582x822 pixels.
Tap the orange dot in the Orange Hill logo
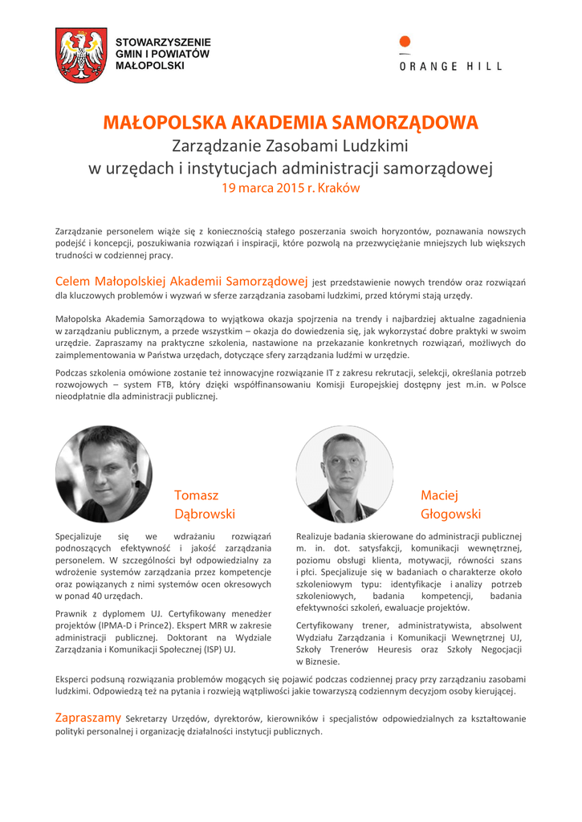tap(405, 42)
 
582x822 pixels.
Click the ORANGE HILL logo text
tap(450, 67)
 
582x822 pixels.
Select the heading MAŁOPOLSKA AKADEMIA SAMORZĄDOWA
tap(291, 123)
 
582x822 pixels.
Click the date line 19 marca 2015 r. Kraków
tap(291, 189)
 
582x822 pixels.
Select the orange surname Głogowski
tap(450, 513)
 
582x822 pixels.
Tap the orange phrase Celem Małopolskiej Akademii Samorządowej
tap(181, 282)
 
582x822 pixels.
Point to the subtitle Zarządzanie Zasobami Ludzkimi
tap(291, 147)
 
